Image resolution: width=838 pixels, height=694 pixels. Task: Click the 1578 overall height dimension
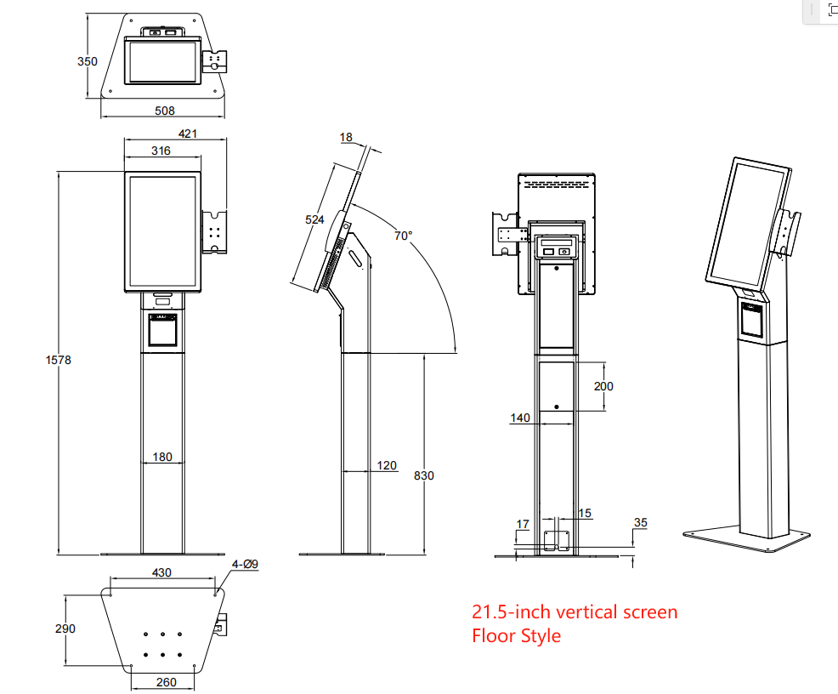tap(58, 360)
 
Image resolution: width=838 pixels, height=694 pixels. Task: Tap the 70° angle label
tap(403, 235)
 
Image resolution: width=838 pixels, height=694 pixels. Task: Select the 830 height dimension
tap(423, 475)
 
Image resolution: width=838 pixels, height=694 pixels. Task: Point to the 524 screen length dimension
tap(314, 219)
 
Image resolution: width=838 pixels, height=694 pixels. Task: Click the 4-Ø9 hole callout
tap(245, 564)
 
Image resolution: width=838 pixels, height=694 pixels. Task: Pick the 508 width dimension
tap(165, 110)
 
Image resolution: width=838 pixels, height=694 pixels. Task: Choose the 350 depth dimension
tap(88, 61)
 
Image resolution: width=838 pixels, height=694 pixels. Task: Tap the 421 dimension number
tap(188, 134)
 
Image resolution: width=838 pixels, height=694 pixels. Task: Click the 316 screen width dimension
tap(161, 151)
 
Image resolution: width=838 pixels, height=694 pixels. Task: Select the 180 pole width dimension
tap(161, 457)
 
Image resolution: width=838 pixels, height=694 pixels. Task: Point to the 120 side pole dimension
tap(387, 465)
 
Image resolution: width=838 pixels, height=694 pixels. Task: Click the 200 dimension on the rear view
tap(603, 386)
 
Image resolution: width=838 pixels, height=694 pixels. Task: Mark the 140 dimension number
tap(520, 418)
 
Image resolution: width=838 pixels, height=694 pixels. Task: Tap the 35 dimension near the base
tap(640, 523)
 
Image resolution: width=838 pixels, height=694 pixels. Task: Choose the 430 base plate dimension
tap(161, 572)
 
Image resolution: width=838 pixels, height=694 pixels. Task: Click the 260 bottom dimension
tap(167, 682)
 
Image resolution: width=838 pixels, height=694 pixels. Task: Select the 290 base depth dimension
tap(65, 629)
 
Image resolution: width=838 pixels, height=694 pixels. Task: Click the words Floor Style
tap(516, 635)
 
